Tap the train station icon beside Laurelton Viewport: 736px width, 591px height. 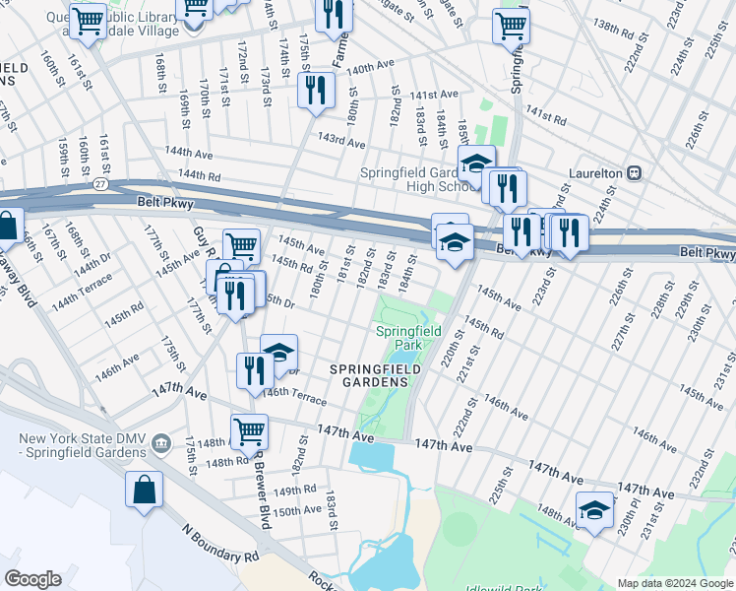[635, 172]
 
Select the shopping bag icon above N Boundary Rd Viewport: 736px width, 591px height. [145, 491]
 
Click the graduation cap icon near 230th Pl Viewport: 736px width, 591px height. [594, 511]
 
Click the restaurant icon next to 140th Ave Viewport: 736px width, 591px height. [317, 91]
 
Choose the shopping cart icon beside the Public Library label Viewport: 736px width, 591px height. [89, 21]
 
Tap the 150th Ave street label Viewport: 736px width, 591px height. [297, 510]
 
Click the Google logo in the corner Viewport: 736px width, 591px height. [32, 579]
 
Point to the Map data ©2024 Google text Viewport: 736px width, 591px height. [674, 583]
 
